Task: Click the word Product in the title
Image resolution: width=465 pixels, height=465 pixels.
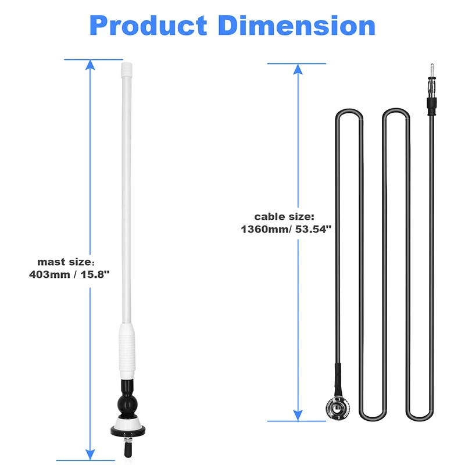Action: click(148, 26)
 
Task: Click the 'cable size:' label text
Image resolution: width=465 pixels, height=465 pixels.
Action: click(285, 216)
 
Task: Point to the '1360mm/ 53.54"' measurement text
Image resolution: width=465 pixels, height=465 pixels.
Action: click(285, 229)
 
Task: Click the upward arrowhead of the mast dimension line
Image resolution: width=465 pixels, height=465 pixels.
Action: click(90, 65)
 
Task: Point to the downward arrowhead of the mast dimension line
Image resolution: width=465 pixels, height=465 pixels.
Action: click(90, 454)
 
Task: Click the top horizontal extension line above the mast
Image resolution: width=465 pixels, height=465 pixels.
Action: click(93, 59)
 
